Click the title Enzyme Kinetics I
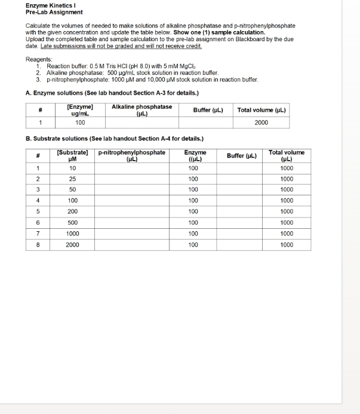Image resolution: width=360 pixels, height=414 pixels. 50,5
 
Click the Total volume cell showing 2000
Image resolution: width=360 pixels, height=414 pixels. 261,122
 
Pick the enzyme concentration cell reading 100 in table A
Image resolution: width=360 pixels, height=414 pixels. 80,122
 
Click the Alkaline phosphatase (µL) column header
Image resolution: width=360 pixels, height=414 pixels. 142,110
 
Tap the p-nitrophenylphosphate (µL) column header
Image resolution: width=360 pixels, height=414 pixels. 131,156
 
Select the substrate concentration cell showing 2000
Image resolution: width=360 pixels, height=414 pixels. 73,244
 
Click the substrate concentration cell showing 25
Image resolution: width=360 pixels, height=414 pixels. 73,179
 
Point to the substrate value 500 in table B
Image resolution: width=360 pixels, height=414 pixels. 73,222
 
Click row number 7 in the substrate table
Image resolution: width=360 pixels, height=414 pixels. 38,234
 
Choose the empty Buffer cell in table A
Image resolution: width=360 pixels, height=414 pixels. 208,122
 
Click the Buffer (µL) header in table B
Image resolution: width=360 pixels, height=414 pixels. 242,156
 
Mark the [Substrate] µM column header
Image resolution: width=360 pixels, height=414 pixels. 73,156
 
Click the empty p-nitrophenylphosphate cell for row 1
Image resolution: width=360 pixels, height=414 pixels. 131,168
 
